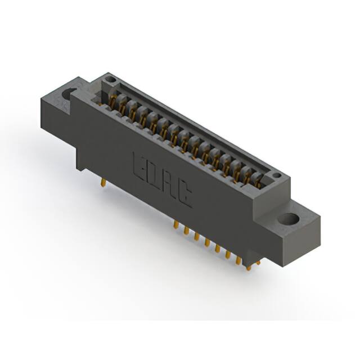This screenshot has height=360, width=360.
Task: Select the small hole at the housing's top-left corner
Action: pos(111,79)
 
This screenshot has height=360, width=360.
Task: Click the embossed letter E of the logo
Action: pos(139,163)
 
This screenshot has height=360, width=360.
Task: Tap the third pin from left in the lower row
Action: pos(196,236)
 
